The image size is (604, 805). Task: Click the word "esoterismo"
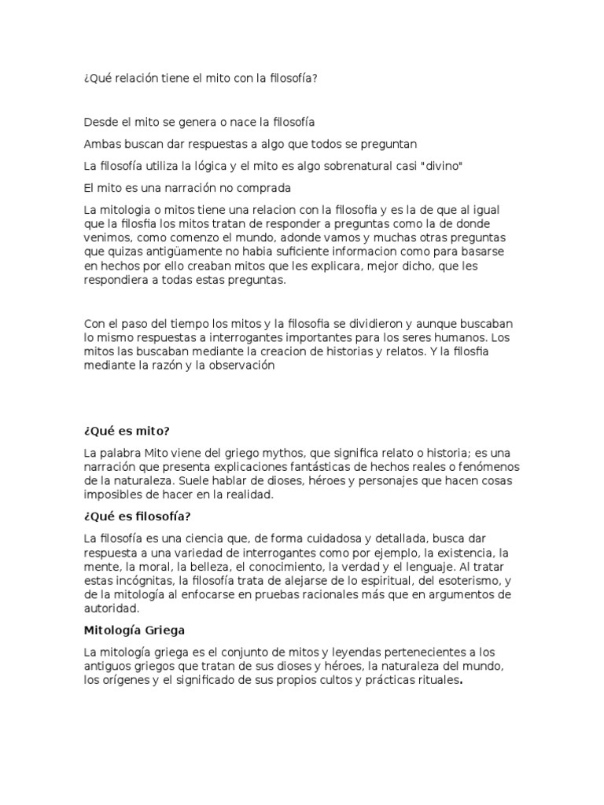[x=469, y=580]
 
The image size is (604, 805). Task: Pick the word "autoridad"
[x=112, y=608]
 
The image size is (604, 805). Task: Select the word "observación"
[x=237, y=366]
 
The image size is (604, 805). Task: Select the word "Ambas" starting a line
[x=100, y=144]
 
